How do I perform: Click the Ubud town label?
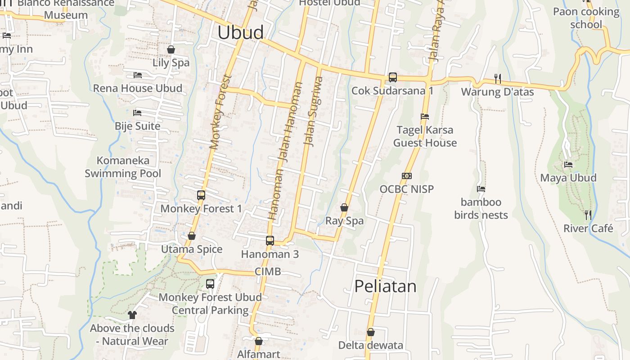click(x=240, y=33)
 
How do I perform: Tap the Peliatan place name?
click(x=385, y=286)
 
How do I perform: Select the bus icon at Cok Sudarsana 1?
click(x=392, y=77)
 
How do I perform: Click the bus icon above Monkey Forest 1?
click(x=201, y=195)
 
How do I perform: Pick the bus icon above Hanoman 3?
click(x=270, y=240)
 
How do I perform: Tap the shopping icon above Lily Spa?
click(x=171, y=49)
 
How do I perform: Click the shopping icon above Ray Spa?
click(x=344, y=207)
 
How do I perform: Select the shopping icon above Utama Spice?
click(x=192, y=236)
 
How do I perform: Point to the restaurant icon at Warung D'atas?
click(x=497, y=79)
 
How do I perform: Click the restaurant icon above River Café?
click(x=588, y=215)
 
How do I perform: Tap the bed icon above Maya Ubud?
click(x=568, y=165)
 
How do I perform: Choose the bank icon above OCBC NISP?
click(x=407, y=176)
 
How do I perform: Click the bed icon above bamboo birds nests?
click(x=481, y=189)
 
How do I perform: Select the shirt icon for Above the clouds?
click(x=132, y=315)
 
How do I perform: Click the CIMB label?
click(x=268, y=271)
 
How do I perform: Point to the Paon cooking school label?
click(x=586, y=18)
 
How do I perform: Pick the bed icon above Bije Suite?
click(x=137, y=112)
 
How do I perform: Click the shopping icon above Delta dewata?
click(x=370, y=333)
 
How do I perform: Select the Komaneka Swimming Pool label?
click(x=123, y=167)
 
